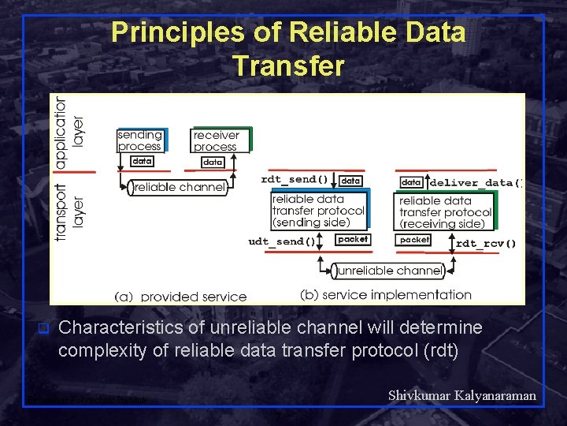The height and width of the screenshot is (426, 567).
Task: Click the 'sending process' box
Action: [140, 140]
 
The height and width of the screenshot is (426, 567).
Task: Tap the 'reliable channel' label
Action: [180, 188]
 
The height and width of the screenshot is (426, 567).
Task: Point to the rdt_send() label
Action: [295, 180]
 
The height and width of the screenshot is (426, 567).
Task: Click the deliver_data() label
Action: [476, 183]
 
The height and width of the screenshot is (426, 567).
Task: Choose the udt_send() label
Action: [282, 241]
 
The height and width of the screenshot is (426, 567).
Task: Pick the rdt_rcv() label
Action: [486, 243]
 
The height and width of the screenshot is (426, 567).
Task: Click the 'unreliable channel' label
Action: [390, 271]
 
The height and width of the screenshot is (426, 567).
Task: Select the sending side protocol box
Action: [318, 211]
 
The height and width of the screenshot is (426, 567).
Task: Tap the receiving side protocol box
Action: [445, 211]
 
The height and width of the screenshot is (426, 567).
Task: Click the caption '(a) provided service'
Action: [180, 297]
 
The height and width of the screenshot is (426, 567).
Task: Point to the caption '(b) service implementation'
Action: [386, 295]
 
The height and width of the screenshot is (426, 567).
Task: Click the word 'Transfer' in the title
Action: [288, 66]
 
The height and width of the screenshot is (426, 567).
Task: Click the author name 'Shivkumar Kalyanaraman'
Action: [462, 395]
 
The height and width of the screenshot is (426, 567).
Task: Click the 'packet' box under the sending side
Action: [352, 239]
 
